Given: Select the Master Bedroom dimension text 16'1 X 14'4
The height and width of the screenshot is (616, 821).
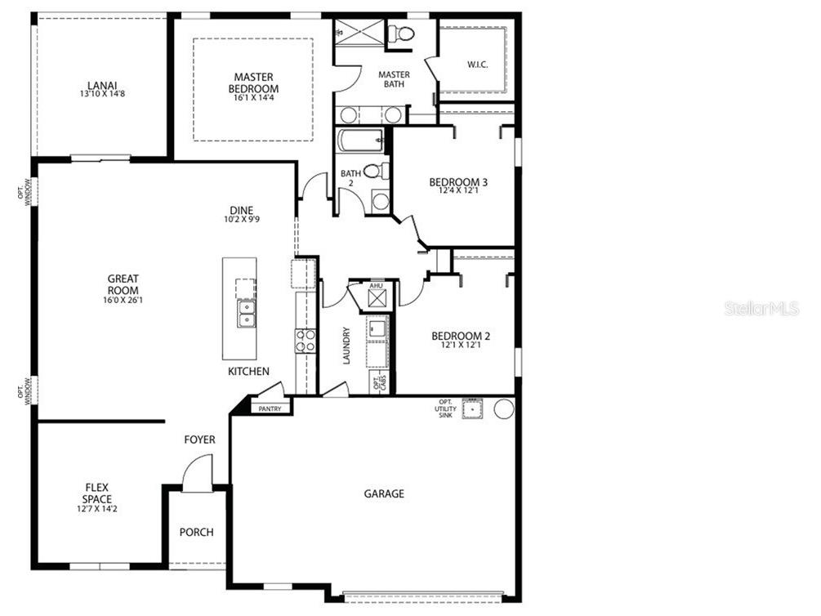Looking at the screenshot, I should tap(252, 98).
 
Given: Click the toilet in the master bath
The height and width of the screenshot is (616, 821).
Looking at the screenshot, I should tap(400, 33).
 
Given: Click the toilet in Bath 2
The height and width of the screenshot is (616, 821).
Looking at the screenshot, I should tap(377, 172).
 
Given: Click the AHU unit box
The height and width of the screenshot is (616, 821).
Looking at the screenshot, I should tap(377, 297).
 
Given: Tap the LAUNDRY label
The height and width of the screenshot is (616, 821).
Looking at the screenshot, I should tap(346, 345).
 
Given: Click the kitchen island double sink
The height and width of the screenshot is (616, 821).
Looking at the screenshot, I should tap(245, 312).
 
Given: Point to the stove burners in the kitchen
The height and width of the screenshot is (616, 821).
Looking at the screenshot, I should tap(305, 341).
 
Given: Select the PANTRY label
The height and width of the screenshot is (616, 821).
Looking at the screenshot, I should tap(270, 408).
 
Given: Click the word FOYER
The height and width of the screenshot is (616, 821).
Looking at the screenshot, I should tap(199, 440).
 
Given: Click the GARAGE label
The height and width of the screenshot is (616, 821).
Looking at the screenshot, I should tap(384, 493).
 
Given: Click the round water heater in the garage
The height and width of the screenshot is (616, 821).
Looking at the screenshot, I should tap(504, 408).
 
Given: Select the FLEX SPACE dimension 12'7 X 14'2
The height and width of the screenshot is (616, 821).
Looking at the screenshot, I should tap(97, 509).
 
